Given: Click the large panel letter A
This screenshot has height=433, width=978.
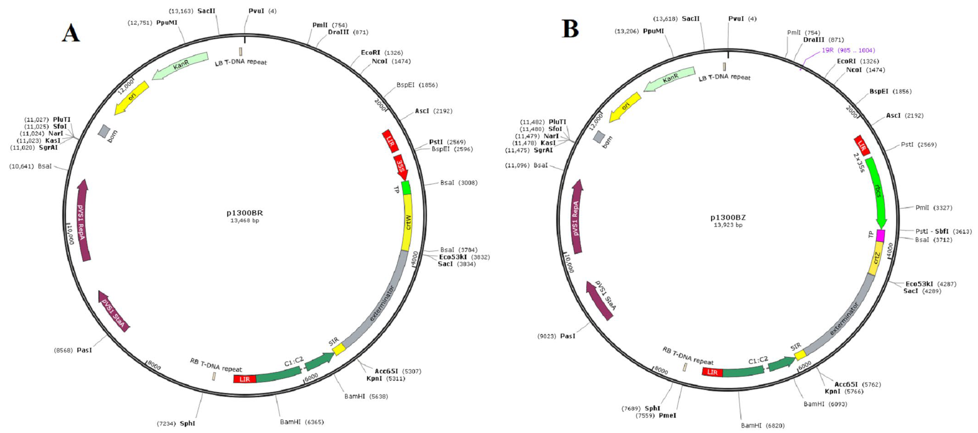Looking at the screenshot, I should point(71,33).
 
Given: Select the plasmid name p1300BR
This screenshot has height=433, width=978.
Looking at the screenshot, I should point(245,213).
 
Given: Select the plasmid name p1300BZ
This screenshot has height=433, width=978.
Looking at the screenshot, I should point(728,217).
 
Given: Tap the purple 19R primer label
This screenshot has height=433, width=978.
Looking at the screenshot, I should point(848,50).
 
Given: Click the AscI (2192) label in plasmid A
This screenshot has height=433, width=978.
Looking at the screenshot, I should point(433,111).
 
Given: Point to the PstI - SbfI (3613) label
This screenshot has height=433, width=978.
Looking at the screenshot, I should point(943,231).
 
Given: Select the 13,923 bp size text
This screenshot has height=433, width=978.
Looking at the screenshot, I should point(728,225).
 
